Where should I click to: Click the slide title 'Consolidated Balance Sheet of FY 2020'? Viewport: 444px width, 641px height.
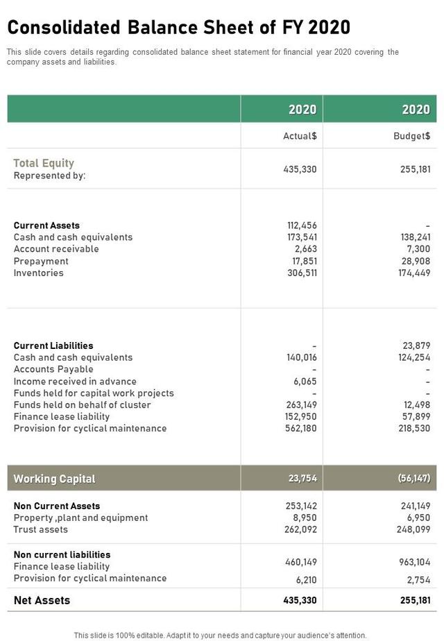pyautogui.click(x=178, y=28)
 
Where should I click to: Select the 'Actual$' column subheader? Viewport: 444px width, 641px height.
pyautogui.click(x=300, y=136)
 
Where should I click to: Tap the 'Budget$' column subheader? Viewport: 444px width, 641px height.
pyautogui.click(x=411, y=136)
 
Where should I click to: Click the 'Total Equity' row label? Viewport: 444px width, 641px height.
pyautogui.click(x=44, y=163)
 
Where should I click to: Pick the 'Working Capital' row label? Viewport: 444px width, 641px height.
pyautogui.click(x=54, y=479)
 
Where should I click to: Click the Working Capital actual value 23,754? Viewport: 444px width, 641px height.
pyautogui.click(x=302, y=478)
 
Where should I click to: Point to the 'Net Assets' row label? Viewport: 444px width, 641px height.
pyautogui.click(x=42, y=600)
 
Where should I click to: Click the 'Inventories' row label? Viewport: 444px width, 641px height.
pyautogui.click(x=39, y=273)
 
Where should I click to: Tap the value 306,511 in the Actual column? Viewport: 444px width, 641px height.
pyautogui.click(x=302, y=273)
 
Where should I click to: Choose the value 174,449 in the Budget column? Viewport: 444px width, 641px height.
pyautogui.click(x=414, y=273)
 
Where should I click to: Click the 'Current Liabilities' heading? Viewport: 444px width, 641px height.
pyautogui.click(x=53, y=345)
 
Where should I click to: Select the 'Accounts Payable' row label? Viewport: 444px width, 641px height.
pyautogui.click(x=53, y=369)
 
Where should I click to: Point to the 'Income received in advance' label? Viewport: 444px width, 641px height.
pyautogui.click(x=75, y=381)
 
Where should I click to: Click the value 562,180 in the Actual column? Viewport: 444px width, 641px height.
pyautogui.click(x=301, y=428)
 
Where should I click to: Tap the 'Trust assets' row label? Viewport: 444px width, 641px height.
pyautogui.click(x=40, y=529)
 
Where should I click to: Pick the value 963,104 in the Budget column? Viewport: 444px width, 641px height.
pyautogui.click(x=414, y=562)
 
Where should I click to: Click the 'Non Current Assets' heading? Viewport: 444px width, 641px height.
pyautogui.click(x=57, y=506)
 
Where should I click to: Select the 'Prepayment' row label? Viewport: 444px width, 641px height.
pyautogui.click(x=41, y=261)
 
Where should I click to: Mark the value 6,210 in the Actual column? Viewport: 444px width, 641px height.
pyautogui.click(x=305, y=579)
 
